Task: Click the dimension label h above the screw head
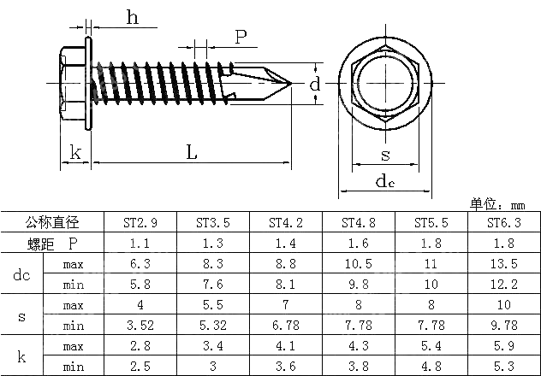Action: coord(132,17)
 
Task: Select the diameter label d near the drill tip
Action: coord(315,84)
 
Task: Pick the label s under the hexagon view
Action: coord(385,155)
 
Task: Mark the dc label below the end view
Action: coord(385,182)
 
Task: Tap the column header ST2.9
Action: coord(140,223)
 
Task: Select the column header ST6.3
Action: coord(503,223)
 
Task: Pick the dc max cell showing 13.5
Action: coord(503,264)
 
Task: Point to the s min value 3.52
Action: coord(140,326)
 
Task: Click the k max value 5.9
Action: coord(503,346)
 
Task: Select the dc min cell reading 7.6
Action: coord(212,285)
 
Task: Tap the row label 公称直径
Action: coord(52,223)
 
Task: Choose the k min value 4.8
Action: coord(431,367)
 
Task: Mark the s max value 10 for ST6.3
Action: coord(503,305)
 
